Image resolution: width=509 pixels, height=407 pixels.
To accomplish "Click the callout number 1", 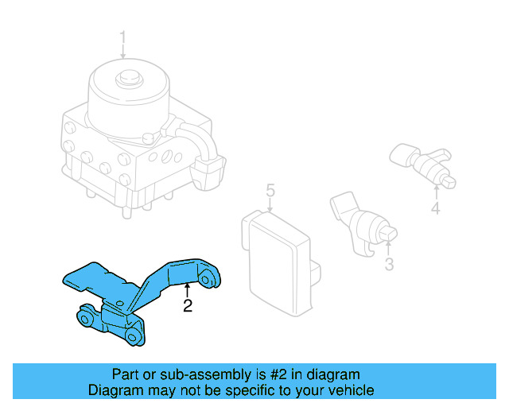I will click(x=123, y=37).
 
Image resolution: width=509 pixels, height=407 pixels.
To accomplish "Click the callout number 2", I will click(x=188, y=306).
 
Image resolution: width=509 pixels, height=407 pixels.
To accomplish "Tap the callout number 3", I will click(x=389, y=265).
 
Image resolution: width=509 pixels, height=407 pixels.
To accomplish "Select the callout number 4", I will click(x=435, y=209).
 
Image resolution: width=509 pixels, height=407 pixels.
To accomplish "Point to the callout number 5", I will click(x=270, y=191).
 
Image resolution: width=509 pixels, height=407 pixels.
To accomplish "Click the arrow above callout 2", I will click(x=188, y=290).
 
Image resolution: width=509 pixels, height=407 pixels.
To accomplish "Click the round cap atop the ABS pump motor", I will click(x=125, y=81).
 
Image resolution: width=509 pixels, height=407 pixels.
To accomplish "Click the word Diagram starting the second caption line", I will click(x=114, y=390).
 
